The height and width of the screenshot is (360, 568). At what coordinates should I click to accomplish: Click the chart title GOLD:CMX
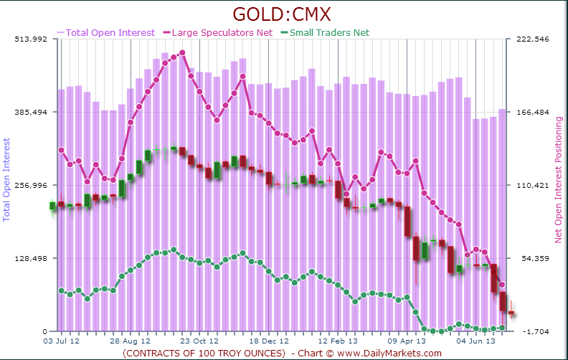point(284,14)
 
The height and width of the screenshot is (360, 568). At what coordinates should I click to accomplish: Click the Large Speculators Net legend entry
point(222,32)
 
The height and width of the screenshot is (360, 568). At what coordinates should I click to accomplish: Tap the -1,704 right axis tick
point(534,332)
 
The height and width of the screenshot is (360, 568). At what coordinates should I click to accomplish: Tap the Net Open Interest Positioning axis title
point(558,179)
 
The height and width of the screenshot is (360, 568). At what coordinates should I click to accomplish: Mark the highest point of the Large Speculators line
point(182,52)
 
